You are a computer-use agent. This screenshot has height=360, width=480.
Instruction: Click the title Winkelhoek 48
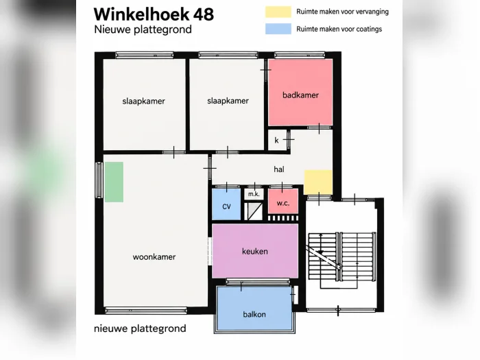154,14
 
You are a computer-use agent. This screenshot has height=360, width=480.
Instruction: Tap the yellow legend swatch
278,12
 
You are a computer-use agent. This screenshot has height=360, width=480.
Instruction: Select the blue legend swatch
278,29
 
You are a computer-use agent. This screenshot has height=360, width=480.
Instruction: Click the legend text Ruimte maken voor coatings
339,29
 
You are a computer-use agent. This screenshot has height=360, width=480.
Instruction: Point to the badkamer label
300,95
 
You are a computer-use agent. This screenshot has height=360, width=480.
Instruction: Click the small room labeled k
277,140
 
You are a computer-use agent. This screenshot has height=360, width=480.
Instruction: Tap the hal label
278,169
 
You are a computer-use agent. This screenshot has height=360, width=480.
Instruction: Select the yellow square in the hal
318,182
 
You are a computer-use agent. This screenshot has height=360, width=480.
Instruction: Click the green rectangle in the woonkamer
114,182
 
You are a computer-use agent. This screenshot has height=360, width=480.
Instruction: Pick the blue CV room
226,204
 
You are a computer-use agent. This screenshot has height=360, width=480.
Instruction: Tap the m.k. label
254,194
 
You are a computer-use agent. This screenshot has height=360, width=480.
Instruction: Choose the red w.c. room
283,201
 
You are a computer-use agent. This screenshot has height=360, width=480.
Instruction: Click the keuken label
254,252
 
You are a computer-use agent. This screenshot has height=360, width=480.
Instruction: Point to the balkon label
254,314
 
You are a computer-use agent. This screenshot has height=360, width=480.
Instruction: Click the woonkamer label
154,257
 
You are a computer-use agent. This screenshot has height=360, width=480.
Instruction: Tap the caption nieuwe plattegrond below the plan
140,328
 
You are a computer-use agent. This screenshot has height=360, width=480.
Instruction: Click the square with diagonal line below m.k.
253,211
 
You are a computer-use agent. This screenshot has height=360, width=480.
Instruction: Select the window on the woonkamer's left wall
99,180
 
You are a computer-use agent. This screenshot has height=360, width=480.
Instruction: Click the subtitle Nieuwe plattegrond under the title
143,29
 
